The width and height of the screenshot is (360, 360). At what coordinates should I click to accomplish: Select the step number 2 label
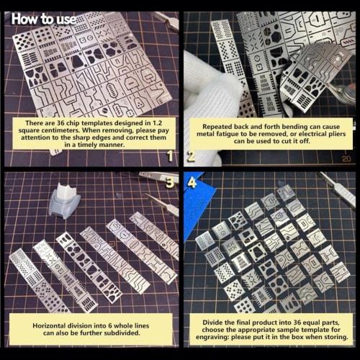pyautogui.click(x=192, y=155)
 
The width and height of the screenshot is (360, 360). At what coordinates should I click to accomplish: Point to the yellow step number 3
pyautogui.click(x=170, y=181)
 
